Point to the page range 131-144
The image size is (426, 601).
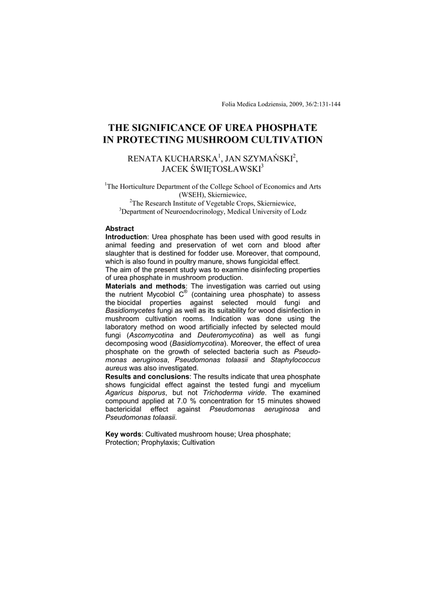327,104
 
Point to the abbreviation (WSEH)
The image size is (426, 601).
194,195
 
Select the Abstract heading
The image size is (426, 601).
119,228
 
